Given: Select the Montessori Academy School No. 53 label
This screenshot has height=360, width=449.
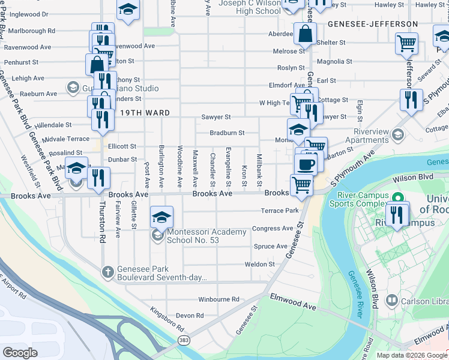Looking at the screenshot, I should tap(198, 236).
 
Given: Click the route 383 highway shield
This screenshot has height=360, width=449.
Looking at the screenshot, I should tap(185, 340).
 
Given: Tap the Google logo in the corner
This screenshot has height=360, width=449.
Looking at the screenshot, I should tap(20, 352).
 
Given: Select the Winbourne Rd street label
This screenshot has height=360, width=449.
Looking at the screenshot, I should tap(218, 299).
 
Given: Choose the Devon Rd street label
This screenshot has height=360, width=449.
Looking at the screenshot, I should tap(190, 315).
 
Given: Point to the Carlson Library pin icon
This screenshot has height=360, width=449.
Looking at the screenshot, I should tap(392, 299).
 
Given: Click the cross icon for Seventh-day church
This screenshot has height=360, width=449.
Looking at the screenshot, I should tap(107, 273).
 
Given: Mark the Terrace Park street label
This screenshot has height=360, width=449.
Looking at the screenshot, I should tap(279, 211).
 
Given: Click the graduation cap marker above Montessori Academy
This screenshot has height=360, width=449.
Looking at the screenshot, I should tap(161, 217).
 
